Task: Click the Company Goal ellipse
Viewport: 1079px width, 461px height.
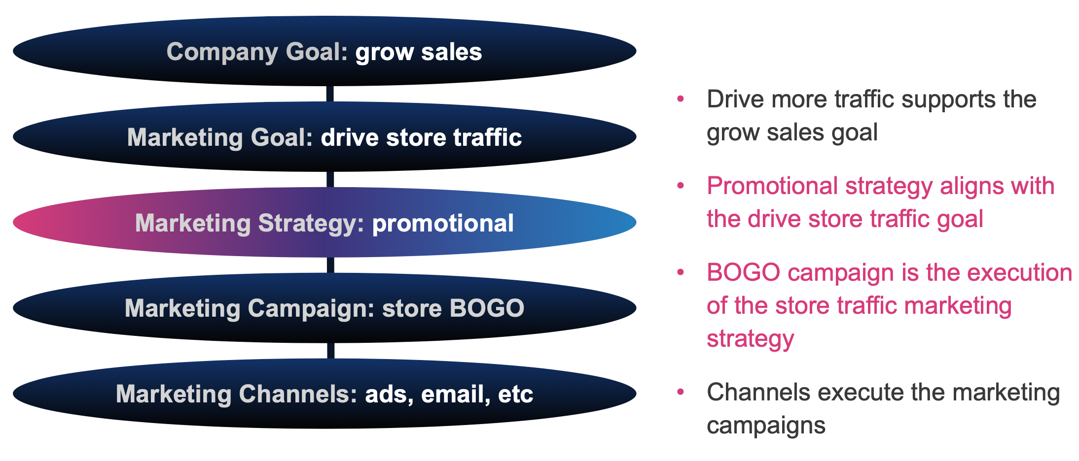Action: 324,51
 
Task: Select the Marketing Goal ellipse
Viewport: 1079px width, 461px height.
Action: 324,137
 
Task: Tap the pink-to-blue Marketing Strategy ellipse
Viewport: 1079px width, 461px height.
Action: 324,223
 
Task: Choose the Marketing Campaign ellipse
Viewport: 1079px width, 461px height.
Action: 324,308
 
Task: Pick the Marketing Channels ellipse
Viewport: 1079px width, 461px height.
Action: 324,394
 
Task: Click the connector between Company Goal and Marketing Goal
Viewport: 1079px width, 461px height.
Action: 330,94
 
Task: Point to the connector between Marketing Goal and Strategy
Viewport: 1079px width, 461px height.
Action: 330,180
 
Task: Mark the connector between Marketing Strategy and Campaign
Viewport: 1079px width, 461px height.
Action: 330,265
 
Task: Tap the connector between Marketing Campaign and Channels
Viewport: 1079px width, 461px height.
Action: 330,351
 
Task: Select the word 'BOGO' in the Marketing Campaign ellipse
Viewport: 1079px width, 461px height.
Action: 487,308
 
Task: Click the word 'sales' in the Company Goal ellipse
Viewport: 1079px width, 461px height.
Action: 451,52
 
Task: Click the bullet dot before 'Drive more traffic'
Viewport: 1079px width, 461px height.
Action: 681,99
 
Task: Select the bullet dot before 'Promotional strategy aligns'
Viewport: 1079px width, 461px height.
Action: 681,186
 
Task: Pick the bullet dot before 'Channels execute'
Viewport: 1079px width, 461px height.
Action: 681,392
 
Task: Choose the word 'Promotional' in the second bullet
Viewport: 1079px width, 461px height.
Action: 772,186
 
